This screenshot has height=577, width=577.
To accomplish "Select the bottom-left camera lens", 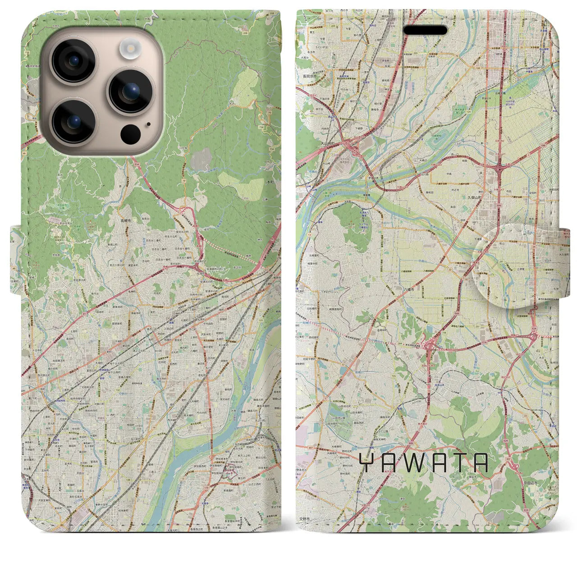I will (73, 121).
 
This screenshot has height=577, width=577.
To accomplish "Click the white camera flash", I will (131, 46).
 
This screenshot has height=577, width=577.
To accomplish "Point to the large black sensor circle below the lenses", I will (130, 133).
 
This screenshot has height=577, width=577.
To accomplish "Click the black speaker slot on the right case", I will (425, 30).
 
